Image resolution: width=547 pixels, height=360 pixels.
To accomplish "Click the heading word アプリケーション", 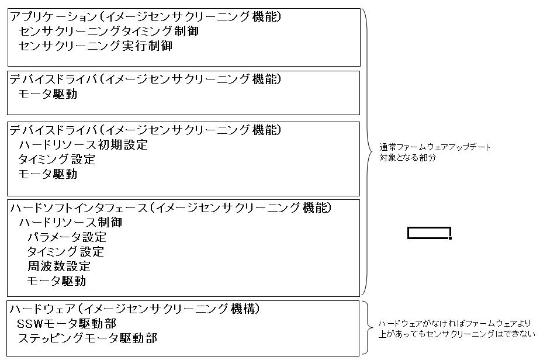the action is tap(53, 16).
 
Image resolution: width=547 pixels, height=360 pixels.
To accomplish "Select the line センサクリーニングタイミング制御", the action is tap(109, 32).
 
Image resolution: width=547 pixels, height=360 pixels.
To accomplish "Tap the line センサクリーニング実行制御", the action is tap(95, 46).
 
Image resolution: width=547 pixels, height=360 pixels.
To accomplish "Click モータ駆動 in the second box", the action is tap(48, 94).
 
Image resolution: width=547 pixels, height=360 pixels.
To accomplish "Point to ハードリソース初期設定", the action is tap(84, 145).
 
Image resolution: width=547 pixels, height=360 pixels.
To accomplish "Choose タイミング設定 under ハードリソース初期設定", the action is tap(57, 160).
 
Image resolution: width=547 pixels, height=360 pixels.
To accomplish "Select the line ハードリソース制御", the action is tap(71, 223).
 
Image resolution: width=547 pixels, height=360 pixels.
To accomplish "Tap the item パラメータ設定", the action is tap(67, 237).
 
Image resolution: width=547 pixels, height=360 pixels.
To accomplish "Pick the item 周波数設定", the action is tap(59, 266).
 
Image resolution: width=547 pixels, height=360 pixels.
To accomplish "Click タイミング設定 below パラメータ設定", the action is tap(65, 252).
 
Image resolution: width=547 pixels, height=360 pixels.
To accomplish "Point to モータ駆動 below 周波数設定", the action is tap(57, 281).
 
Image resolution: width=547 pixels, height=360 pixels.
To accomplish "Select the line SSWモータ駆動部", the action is tap(67, 324).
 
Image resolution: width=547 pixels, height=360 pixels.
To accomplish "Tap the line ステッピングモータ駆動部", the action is tap(88, 338).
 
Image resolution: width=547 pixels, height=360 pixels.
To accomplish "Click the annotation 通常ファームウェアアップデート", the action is tap(435, 147).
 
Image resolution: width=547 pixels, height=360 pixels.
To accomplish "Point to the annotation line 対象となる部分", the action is tap(408, 158).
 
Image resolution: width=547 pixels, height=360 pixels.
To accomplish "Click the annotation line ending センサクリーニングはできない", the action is tap(456, 334).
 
